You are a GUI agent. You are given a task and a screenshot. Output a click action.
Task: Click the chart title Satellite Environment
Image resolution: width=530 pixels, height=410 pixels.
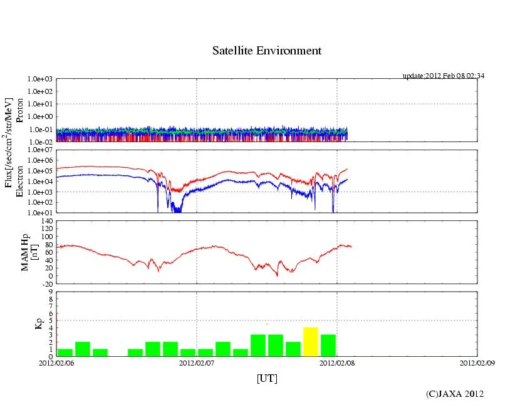pos(267,51)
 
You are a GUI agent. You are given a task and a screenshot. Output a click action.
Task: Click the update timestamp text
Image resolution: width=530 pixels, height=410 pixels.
pos(443,76)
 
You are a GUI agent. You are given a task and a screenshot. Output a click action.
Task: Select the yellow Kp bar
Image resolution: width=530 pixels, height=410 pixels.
pos(311,342)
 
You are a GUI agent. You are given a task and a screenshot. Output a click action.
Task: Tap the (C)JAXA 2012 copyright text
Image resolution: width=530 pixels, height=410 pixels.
pos(455,393)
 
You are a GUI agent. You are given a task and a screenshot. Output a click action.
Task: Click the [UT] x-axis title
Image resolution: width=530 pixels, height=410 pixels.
pos(267,378)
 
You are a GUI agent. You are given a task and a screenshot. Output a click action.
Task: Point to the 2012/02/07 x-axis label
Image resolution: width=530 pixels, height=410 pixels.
pos(197,362)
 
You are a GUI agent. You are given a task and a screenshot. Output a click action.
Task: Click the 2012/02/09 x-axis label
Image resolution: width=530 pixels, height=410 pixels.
pos(477,362)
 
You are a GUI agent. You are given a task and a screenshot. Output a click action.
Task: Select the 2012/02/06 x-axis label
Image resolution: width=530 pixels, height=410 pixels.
pos(56,362)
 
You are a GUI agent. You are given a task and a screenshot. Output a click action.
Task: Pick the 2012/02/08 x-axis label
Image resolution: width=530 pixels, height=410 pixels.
pos(337,362)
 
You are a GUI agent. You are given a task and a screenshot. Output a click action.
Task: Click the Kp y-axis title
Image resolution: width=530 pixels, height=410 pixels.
pos(39,324)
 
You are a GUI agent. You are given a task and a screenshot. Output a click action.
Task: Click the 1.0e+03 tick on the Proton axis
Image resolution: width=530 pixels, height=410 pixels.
pos(40,79)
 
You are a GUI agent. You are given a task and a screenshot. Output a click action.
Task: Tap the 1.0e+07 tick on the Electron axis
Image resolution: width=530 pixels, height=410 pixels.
pos(40,150)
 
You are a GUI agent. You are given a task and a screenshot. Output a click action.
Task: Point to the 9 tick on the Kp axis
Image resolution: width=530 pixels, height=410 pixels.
pos(50,291)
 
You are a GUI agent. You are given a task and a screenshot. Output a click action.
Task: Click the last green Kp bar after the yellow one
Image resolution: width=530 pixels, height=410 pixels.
pos(328,346)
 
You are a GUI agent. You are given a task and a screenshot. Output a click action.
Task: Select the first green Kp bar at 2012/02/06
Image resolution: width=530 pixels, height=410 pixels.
pos(65,353)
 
